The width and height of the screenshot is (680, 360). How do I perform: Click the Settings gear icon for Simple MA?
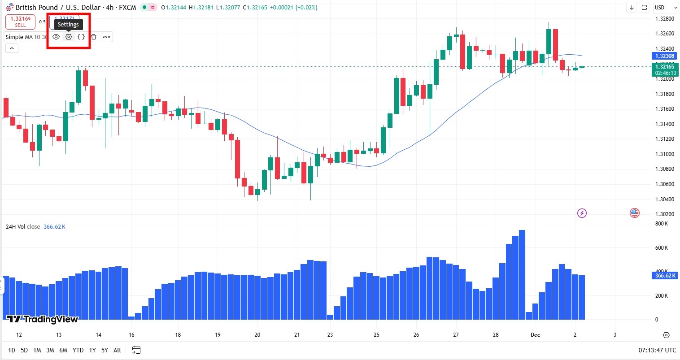tap(69, 37)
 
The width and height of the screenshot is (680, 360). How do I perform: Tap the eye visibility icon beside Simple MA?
tap(56, 37)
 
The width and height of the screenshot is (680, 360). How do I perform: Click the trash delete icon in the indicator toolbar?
tap(94, 37)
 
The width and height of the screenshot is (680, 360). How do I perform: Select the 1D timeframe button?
tap(12, 350)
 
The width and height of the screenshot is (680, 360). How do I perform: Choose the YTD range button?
tap(78, 350)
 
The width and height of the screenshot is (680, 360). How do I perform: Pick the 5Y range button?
tap(105, 350)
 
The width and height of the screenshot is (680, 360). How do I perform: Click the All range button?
tap(117, 350)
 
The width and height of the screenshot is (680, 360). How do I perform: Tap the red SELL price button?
tap(20, 22)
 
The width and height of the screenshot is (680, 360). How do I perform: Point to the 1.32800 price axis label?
tap(665, 19)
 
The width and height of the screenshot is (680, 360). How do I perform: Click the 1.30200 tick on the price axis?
tap(665, 214)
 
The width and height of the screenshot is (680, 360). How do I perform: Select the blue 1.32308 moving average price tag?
tap(664, 56)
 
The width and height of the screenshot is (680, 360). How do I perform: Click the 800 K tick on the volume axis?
tap(662, 224)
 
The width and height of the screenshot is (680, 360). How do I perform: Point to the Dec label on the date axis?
tap(535, 335)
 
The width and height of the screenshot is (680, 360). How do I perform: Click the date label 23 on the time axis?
tap(330, 335)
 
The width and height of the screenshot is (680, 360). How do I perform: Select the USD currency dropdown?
tap(666, 8)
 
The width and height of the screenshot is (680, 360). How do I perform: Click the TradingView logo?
tap(43, 319)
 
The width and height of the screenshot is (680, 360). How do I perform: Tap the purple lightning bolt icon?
tap(582, 213)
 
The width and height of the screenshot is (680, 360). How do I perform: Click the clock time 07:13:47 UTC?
tap(657, 350)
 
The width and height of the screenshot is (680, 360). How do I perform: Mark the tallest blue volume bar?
tap(522, 274)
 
